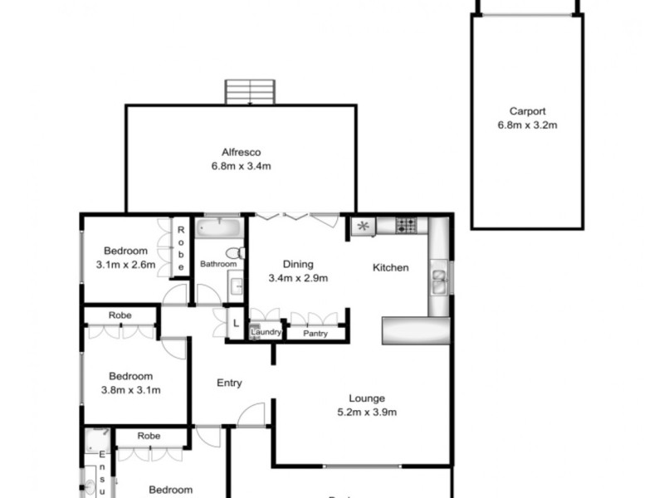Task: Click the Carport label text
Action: [527, 112]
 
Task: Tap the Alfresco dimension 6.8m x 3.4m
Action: [242, 166]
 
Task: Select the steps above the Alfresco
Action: [250, 91]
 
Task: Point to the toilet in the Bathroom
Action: [237, 251]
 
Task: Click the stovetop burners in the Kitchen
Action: [405, 225]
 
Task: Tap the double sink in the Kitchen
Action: [439, 279]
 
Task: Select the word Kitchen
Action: [390, 267]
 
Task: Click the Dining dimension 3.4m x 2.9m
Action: [298, 278]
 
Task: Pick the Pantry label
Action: [315, 334]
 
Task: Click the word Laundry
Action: [266, 333]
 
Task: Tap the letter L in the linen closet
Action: [236, 324]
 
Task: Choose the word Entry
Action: [229, 383]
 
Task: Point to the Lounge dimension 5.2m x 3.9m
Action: [366, 413]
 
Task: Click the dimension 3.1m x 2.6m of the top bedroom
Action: [126, 266]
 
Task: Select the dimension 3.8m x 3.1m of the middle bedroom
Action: [130, 390]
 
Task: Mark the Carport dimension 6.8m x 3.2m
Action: [527, 126]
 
